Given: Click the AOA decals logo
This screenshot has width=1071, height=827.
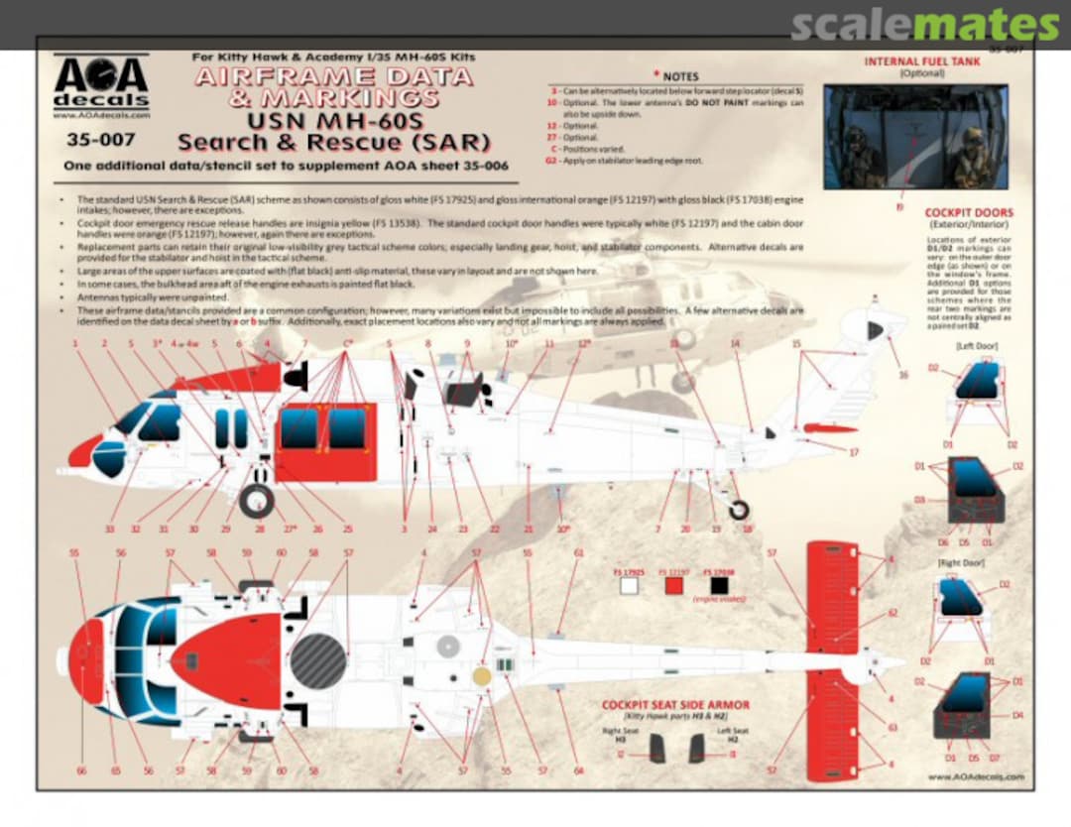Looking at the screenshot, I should pyautogui.click(x=100, y=85).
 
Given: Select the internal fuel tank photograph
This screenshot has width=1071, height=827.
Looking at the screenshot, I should pyautogui.click(x=914, y=136).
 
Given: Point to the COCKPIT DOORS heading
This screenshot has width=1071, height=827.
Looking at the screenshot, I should pyautogui.click(x=969, y=212).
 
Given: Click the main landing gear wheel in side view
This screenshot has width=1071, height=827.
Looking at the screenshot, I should pyautogui.click(x=257, y=501).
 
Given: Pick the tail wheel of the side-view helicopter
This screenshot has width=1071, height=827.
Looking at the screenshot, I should pyautogui.click(x=739, y=510).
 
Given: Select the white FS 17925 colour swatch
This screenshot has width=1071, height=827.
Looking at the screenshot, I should pyautogui.click(x=629, y=585).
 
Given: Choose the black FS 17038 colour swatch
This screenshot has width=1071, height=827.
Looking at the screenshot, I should pyautogui.click(x=719, y=585).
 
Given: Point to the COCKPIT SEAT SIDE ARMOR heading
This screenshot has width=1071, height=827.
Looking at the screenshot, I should pyautogui.click(x=675, y=705).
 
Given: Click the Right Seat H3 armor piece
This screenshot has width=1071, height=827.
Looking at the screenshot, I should pyautogui.click(x=656, y=749).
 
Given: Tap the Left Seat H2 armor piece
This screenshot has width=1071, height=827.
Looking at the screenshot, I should pyautogui.click(x=696, y=749).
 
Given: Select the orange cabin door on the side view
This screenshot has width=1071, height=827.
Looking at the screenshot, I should pyautogui.click(x=326, y=441).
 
